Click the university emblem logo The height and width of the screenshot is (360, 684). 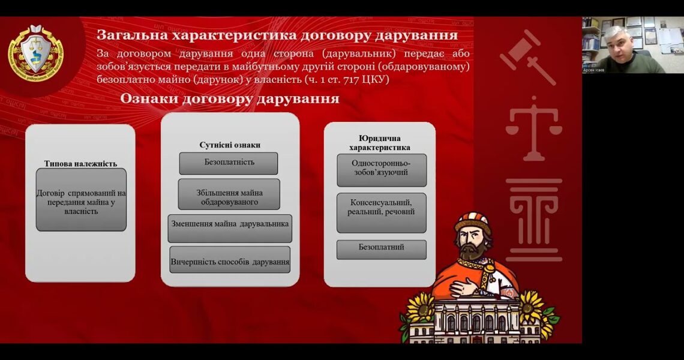(x=36, y=53)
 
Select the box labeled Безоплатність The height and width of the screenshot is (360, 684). (x=229, y=163)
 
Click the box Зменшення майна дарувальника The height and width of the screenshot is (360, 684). (x=230, y=228)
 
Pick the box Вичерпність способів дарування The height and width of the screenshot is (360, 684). (x=230, y=260)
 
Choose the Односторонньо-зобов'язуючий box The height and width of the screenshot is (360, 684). (x=382, y=170)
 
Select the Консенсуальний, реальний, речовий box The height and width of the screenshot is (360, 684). (x=382, y=212)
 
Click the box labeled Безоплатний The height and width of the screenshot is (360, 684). (x=382, y=250)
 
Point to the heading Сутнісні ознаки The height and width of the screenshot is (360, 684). (x=230, y=145)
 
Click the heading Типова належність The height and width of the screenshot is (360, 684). (x=81, y=164)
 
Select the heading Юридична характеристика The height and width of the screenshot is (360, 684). (x=380, y=143)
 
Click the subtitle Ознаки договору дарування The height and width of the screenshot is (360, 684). (x=230, y=99)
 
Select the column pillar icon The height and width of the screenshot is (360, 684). (x=534, y=220)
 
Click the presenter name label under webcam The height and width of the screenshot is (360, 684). (x=594, y=70)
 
